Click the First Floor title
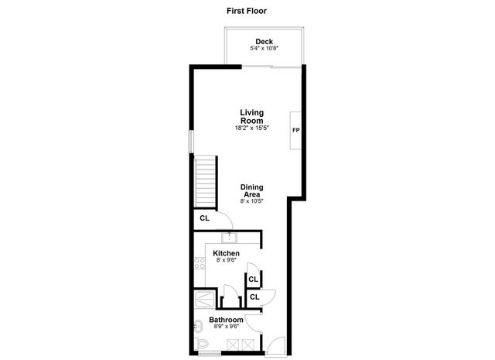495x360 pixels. tap(247, 11)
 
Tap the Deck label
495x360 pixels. tap(265, 42)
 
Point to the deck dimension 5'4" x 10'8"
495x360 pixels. tap(265, 49)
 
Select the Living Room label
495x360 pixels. tap(251, 117)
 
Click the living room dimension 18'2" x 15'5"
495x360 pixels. tap(251, 128)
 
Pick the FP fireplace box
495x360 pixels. tap(295, 129)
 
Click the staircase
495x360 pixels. tap(205, 181)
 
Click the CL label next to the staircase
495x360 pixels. tap(204, 218)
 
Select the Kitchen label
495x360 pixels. tap(226, 253)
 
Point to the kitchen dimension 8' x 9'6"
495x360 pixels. tap(226, 261)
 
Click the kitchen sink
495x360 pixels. tap(229, 237)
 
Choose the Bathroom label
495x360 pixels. tap(226, 320)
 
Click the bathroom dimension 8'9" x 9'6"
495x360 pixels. tap(226, 327)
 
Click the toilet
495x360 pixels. tap(201, 344)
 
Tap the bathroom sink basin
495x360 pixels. tap(196, 325)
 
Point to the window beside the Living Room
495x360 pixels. tap(192, 140)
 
